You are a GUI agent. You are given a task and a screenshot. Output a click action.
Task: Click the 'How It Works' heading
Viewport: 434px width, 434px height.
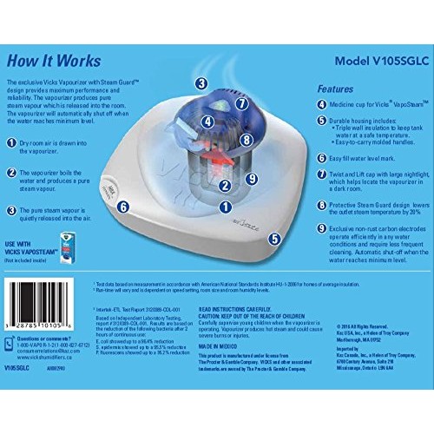50,62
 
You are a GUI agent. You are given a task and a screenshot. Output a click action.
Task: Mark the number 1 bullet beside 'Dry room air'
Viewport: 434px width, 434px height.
12,143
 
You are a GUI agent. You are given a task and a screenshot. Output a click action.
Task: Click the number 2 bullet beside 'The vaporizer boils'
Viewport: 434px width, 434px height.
12,173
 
